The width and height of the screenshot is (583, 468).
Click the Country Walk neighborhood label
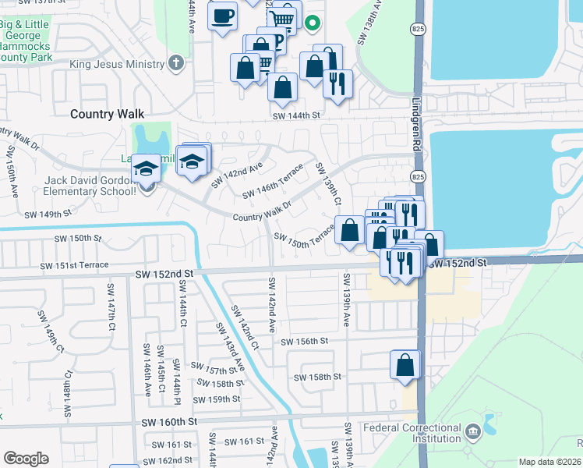107,114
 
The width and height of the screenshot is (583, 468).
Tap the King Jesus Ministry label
117,64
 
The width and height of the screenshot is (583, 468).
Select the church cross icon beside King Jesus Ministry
177,62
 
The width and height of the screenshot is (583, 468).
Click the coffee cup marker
223,16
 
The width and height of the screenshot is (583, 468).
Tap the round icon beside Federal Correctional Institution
472,431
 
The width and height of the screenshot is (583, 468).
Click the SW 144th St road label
296,115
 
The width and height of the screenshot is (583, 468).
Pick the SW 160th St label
168,422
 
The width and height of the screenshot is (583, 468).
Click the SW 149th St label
48,213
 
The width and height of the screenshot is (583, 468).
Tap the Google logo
26,459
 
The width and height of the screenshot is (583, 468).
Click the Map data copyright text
549,462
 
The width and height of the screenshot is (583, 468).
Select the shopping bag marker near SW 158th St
405,365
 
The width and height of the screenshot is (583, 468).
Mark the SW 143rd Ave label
231,349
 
